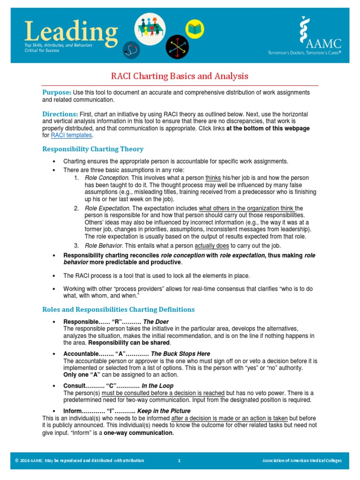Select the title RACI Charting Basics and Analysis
click(x=180, y=76)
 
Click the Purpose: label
click(x=57, y=92)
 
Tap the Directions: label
click(x=60, y=114)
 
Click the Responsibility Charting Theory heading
click(x=93, y=149)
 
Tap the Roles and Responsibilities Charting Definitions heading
click(x=118, y=309)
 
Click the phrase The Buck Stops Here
click(x=180, y=353)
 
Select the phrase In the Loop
click(x=157, y=385)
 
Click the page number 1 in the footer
click(x=179, y=461)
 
